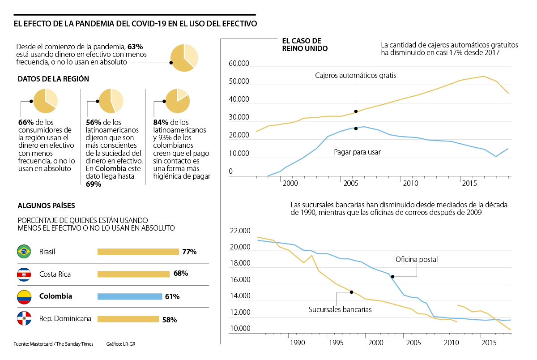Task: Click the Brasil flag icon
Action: point(23,252)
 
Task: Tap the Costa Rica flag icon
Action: point(23,274)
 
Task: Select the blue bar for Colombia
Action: point(130,296)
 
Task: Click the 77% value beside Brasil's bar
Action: point(189,252)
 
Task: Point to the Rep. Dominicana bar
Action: point(128,319)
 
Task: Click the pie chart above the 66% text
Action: point(45,101)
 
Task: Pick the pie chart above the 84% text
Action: point(177,101)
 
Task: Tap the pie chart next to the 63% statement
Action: point(184,58)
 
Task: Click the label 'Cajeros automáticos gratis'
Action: point(355,76)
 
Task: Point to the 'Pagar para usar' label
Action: point(357,152)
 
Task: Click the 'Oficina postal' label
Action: point(417,259)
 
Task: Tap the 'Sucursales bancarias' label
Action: point(340,309)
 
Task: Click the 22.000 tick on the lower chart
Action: point(240,231)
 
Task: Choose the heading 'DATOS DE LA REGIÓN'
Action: point(53,79)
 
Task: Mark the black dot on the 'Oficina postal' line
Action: point(392,277)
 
